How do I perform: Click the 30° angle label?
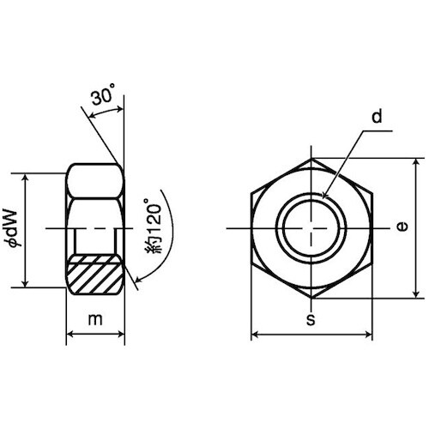pos(104,94)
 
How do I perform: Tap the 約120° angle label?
pos(154,226)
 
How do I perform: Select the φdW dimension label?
pos(15,227)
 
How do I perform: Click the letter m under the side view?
pos(95,319)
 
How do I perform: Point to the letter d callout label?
pos(377,117)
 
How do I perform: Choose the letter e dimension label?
pos(402,227)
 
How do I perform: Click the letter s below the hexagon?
pos(311,320)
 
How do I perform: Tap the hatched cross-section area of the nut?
pos(94,274)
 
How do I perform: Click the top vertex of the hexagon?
pos(311,158)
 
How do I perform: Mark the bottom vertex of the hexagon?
pos(311,299)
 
